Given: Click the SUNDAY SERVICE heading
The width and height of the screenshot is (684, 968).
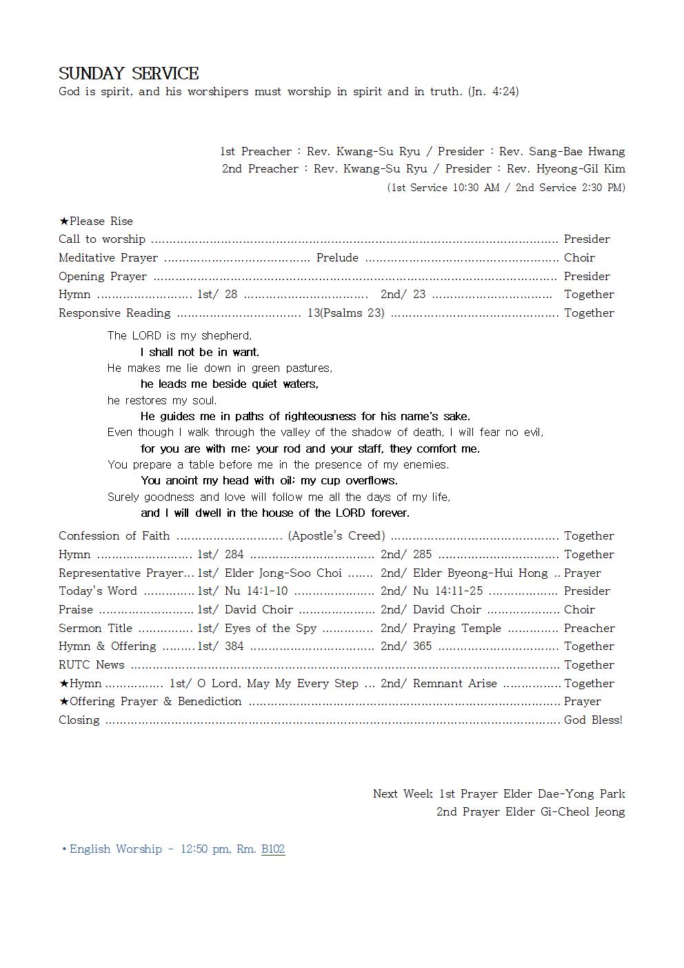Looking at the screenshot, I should pyautogui.click(x=129, y=74).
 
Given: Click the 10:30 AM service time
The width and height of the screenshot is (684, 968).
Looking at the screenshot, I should pyautogui.click(x=476, y=188).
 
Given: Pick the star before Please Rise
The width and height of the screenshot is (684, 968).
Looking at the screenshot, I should pyautogui.click(x=63, y=221).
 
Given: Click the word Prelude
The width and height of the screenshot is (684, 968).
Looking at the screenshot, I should pyautogui.click(x=337, y=257).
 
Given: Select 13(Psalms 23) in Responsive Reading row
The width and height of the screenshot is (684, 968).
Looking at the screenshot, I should pyautogui.click(x=345, y=313).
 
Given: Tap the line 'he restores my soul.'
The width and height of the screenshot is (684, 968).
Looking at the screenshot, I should pyautogui.click(x=162, y=400).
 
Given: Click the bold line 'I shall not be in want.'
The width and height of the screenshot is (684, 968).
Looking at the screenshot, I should pyautogui.click(x=200, y=352).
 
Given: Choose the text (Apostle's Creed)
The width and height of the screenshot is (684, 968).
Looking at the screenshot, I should pyautogui.click(x=336, y=535).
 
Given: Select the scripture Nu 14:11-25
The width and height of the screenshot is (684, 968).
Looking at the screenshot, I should pyautogui.click(x=447, y=591).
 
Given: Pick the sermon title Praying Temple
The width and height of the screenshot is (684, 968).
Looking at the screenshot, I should pyautogui.click(x=457, y=628).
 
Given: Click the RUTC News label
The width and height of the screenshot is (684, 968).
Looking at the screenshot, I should pyautogui.click(x=91, y=664).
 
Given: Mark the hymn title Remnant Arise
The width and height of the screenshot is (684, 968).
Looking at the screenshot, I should pyautogui.click(x=454, y=683).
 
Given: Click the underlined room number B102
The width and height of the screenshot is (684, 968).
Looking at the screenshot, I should pyautogui.click(x=273, y=849).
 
